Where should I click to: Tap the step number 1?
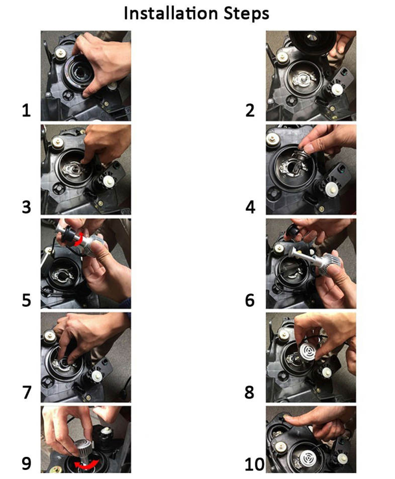coord(27,110)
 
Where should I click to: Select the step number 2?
coord(250,110)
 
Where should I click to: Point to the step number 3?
coord(27,207)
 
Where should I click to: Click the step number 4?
coord(250,207)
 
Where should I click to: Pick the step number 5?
coord(27,300)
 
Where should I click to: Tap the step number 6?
coord(250,300)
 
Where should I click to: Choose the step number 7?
coord(27,393)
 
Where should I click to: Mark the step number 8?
coord(249,393)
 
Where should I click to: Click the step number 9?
coord(27,463)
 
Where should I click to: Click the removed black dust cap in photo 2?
coord(312,42)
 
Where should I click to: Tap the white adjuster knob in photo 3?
coord(109,181)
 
